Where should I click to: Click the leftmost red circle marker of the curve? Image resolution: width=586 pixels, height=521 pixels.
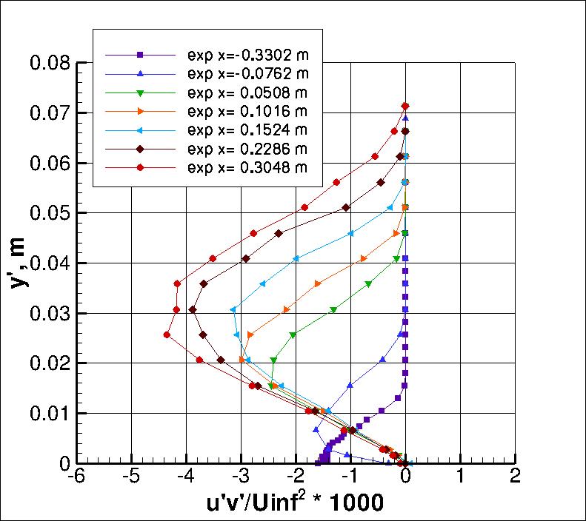click(167, 335)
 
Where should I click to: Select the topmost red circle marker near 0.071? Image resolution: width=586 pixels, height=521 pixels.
click(405, 106)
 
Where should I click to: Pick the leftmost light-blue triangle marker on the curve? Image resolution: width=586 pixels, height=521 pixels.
click(233, 309)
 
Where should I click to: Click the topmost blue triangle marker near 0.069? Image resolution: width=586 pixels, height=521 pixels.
click(405, 118)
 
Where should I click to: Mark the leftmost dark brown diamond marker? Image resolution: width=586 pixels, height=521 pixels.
click(193, 309)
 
